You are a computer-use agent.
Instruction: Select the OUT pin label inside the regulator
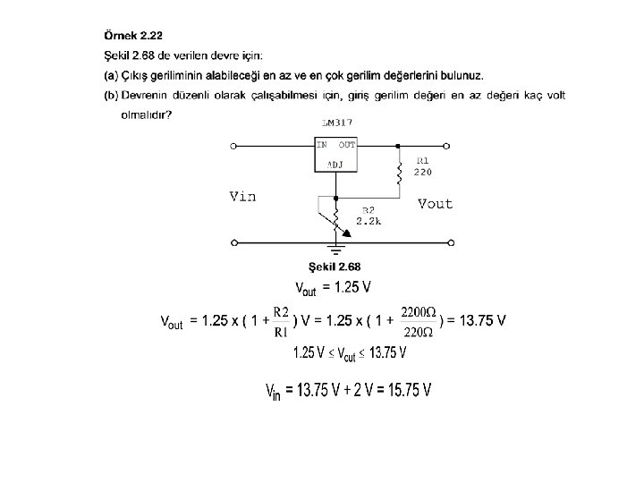[x=346, y=144]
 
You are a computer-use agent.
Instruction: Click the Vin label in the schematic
[x=243, y=197]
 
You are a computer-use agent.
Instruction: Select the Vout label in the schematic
[x=436, y=204]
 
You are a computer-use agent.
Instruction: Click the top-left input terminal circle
[x=234, y=144]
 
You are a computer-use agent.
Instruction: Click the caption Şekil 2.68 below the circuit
[x=335, y=267]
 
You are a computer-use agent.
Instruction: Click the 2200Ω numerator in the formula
[x=419, y=311]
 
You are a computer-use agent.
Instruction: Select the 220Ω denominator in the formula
[x=419, y=333]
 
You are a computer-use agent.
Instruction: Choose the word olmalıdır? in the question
[x=146, y=114]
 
